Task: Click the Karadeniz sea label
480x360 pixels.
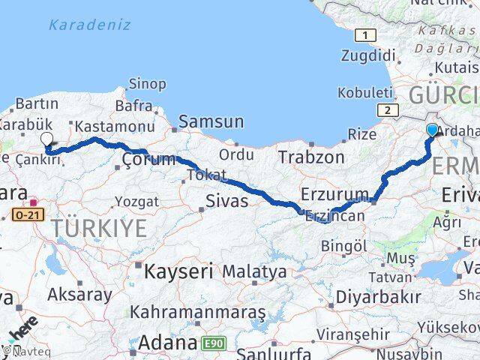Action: click(x=89, y=25)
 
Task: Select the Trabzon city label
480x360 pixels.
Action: click(x=310, y=157)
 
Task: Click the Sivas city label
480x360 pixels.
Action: click(x=227, y=199)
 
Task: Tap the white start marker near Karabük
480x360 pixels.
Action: click(x=47, y=139)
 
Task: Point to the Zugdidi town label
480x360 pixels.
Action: click(x=367, y=55)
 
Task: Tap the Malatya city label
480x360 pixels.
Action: click(x=254, y=271)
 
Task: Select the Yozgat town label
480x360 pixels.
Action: click(x=136, y=202)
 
